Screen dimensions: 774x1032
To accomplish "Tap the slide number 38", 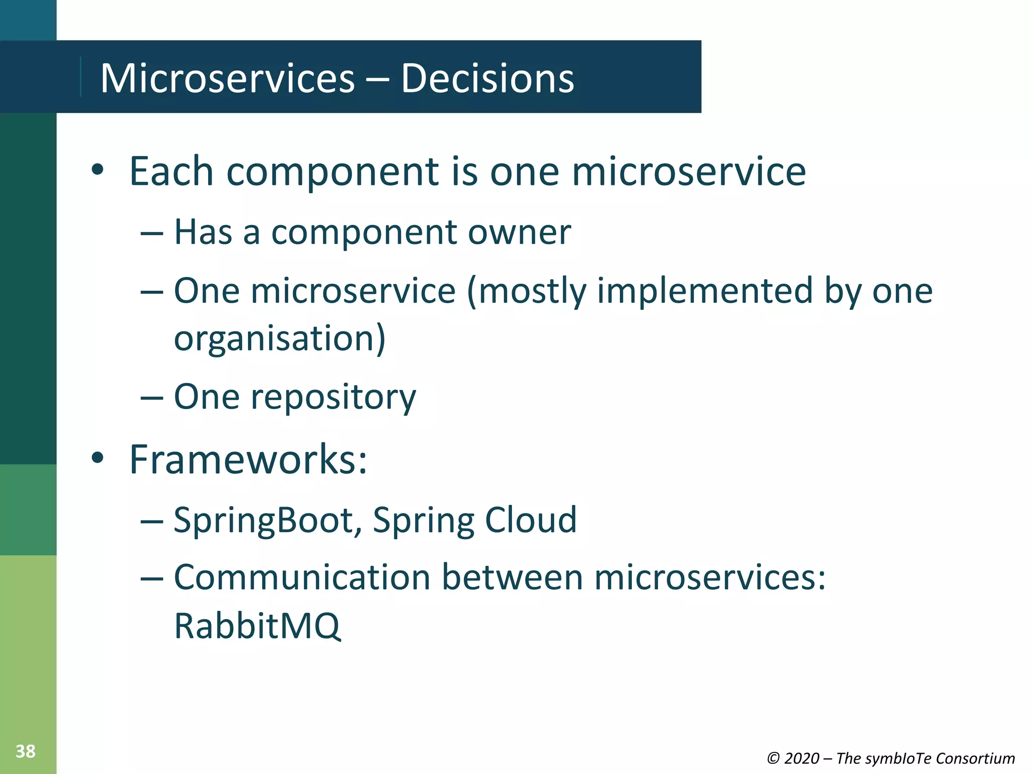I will [25, 751].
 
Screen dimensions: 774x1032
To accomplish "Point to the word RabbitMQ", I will [257, 626].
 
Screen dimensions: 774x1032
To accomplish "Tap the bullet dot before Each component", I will [98, 170].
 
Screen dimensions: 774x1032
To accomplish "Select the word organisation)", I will [280, 339].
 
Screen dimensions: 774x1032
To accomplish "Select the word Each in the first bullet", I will [171, 171].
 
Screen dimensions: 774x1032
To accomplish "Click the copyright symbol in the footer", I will [773, 758].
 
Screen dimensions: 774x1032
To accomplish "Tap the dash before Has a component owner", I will [152, 233].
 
